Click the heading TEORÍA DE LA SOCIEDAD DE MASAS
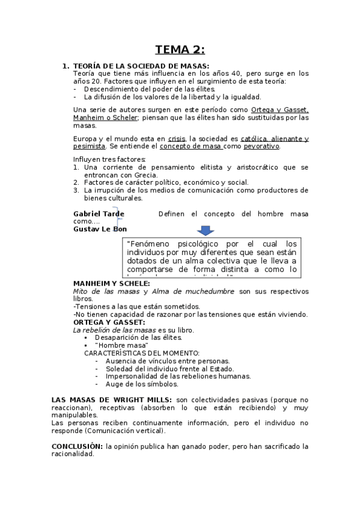coord(141,66)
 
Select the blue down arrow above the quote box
coord(205,230)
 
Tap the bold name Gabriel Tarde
coord(99,214)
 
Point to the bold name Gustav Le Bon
coord(100,229)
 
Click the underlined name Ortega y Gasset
coord(279,110)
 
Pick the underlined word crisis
coord(177,139)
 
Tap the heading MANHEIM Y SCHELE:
coord(112,283)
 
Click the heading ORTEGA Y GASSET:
coord(109,322)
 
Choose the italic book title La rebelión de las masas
coord(114,330)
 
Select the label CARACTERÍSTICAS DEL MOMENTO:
coord(142,353)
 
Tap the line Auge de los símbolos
coord(141,384)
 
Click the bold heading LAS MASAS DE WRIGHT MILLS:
coord(112,400)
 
